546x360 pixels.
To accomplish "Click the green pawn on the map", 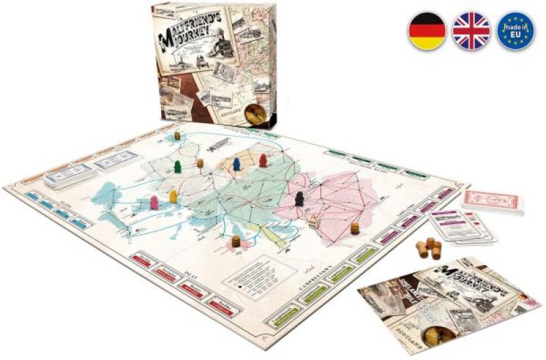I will (x=177, y=167).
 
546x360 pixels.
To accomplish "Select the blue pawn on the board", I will (x=236, y=164).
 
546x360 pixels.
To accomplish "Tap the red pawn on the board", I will (x=263, y=161).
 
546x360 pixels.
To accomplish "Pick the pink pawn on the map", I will (x=154, y=203).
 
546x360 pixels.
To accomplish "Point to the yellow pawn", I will (x=173, y=196).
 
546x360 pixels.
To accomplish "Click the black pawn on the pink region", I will (x=299, y=199).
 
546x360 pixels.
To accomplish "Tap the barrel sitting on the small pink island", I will (x=236, y=241).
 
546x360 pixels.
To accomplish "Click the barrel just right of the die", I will (x=355, y=227).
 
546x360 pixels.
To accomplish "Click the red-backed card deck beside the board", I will (x=491, y=202).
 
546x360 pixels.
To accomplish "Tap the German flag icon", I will (x=427, y=31).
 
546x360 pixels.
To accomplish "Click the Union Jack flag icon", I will (x=471, y=31).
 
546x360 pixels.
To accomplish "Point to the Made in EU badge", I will (x=515, y=31).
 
